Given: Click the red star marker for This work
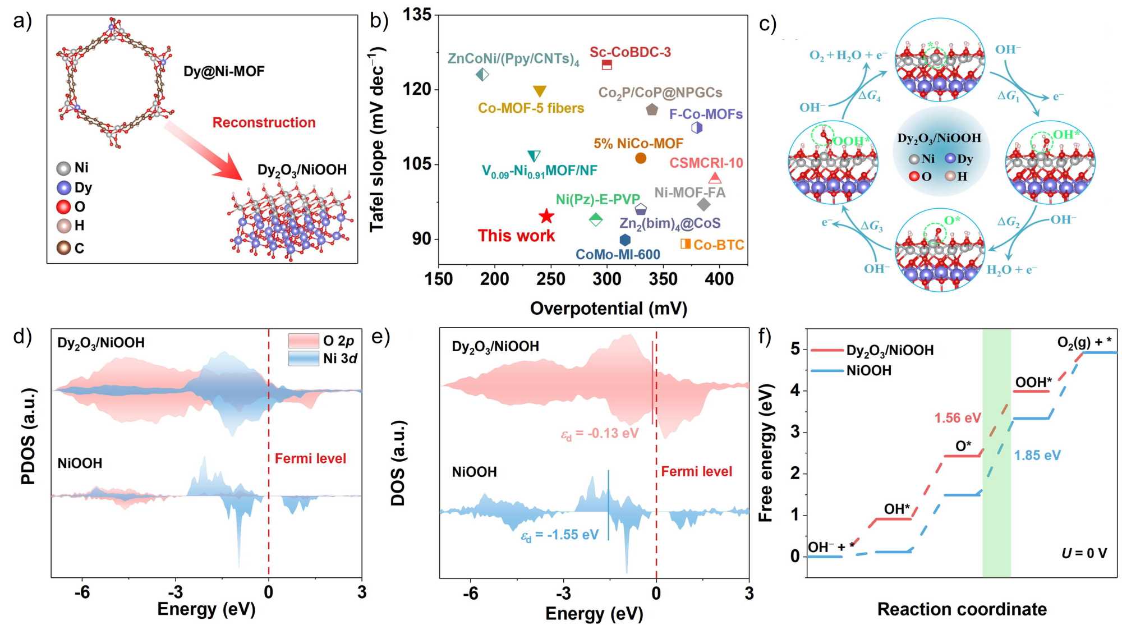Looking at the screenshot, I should (x=546, y=217).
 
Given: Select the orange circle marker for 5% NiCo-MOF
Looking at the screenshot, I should (x=641, y=158).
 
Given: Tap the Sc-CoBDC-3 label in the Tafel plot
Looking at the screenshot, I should (x=630, y=52).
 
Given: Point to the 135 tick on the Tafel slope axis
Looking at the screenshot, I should (x=417, y=15).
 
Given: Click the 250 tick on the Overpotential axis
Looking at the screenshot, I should (x=551, y=279).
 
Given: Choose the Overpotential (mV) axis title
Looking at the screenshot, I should (x=608, y=309).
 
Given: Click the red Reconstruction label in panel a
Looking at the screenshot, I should (x=264, y=122).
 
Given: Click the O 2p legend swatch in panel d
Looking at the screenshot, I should (x=304, y=341).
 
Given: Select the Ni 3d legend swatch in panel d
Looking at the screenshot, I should (x=304, y=358).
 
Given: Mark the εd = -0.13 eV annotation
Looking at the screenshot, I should (x=600, y=434).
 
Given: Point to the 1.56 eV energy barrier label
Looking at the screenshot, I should (x=958, y=418).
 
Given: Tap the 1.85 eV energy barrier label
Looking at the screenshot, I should (x=1037, y=456).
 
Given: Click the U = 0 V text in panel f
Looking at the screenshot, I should (x=1084, y=554).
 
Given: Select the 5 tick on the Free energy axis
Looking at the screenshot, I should (x=795, y=349).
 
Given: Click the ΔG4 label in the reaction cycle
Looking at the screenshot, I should (x=869, y=96).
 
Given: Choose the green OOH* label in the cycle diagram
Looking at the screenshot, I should (x=852, y=140).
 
